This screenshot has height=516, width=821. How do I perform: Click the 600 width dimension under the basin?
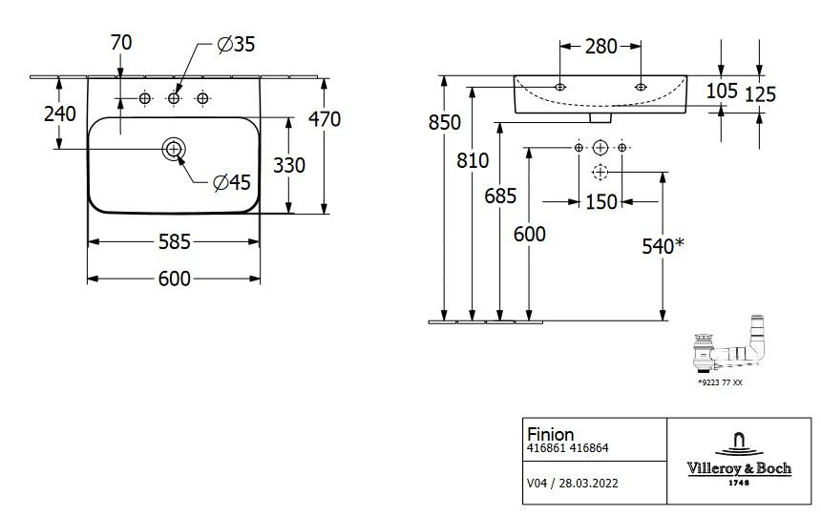(174, 279)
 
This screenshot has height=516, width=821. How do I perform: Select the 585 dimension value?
(174, 242)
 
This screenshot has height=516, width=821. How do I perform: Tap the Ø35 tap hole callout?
(236, 44)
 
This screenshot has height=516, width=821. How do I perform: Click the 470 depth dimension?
(324, 119)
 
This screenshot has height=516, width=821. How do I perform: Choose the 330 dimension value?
(288, 165)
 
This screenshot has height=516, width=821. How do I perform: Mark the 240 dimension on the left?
(60, 114)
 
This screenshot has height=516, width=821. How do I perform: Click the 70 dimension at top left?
(121, 42)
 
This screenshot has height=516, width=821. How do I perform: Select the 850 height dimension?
(444, 122)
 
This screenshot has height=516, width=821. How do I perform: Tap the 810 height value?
(473, 160)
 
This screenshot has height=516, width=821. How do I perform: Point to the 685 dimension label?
(500, 196)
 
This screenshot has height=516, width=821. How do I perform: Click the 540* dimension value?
(663, 247)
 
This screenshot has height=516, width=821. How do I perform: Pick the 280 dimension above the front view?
(600, 46)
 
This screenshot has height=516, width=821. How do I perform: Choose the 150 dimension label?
(601, 202)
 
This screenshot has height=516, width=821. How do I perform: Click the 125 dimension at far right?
(760, 93)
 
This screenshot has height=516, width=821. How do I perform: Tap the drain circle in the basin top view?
(174, 149)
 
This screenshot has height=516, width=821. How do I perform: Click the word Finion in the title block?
(551, 434)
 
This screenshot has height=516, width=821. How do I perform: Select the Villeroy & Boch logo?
(739, 457)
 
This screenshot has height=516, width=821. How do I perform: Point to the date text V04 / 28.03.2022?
(573, 483)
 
